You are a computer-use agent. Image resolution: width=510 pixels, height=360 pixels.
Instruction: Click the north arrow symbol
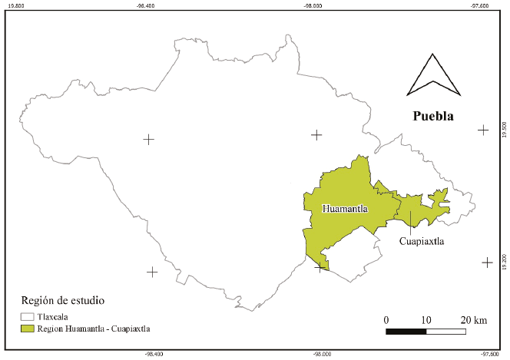coord(433,76)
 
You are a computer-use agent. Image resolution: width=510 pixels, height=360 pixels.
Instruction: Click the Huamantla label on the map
coord(345,209)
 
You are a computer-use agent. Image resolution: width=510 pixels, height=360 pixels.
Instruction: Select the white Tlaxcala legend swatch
coord(28,316)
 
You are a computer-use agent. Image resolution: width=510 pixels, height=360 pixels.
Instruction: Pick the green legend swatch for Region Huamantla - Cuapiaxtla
coord(28,329)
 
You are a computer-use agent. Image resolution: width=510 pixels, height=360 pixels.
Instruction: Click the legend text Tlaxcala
coord(53,316)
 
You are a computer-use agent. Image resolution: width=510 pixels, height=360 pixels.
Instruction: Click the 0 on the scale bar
coord(386,319)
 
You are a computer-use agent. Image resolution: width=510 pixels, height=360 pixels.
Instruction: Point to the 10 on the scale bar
coord(426,319)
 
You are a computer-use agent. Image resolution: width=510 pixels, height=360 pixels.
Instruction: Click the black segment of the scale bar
coord(406,332)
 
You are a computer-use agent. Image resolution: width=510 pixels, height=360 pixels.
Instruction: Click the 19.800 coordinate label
coord(15,5)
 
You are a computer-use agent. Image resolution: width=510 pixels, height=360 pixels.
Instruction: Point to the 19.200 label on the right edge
coord(505,261)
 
